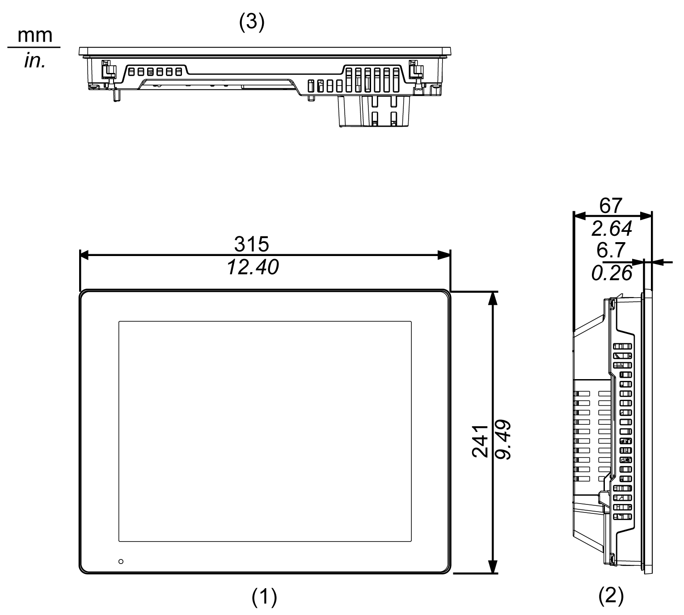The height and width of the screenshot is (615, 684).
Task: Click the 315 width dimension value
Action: [252, 244]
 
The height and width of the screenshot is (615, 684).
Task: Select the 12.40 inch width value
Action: [253, 268]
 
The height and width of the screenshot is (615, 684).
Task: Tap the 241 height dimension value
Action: [480, 441]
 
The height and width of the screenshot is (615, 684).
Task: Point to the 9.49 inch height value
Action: [504, 441]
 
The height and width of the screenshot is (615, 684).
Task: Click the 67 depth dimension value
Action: [611, 206]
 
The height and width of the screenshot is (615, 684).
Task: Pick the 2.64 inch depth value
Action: [612, 229]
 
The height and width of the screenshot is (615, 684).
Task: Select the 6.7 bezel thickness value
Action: [611, 250]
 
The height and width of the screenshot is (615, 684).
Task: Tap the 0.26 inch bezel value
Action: [612, 273]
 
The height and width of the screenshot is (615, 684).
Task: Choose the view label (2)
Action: [611, 595]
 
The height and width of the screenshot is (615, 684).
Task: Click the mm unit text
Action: [35, 35]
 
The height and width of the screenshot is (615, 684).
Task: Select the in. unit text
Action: [35, 61]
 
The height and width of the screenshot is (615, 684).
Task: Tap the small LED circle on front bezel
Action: [121, 561]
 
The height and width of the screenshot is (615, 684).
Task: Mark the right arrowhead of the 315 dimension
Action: [445, 256]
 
